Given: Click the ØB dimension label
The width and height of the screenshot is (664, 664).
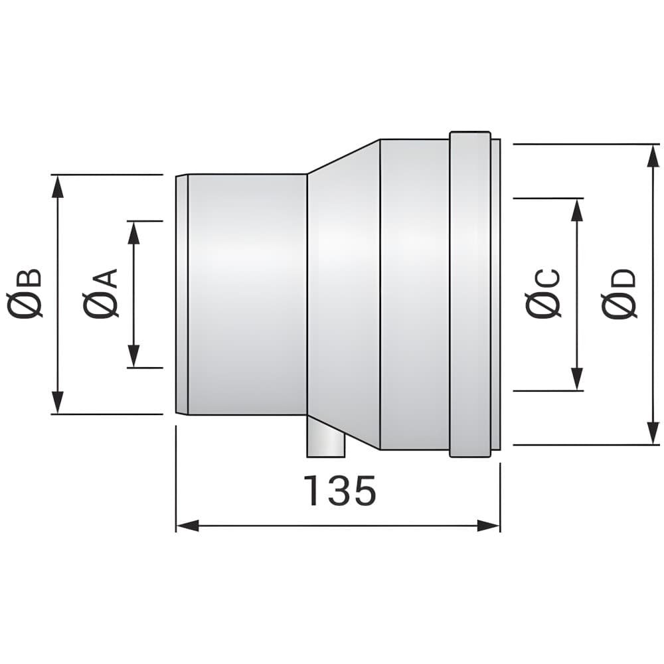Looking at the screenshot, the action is [25, 292].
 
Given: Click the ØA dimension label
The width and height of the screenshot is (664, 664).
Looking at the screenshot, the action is [100, 292].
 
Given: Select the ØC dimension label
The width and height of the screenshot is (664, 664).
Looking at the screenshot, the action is [543, 293].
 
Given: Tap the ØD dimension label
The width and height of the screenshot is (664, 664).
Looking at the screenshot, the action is [619, 293].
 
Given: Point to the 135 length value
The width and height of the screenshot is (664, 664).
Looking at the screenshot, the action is [340, 491].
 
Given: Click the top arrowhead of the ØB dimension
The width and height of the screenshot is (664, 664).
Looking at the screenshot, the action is [58, 186].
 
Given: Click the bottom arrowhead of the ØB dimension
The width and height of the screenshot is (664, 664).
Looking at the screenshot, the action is [58, 403].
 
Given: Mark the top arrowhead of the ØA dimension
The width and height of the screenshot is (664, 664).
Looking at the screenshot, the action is [134, 232].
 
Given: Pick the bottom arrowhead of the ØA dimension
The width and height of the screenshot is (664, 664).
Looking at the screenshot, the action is [134, 356].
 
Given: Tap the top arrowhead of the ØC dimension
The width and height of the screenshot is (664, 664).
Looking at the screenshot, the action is [577, 210].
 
